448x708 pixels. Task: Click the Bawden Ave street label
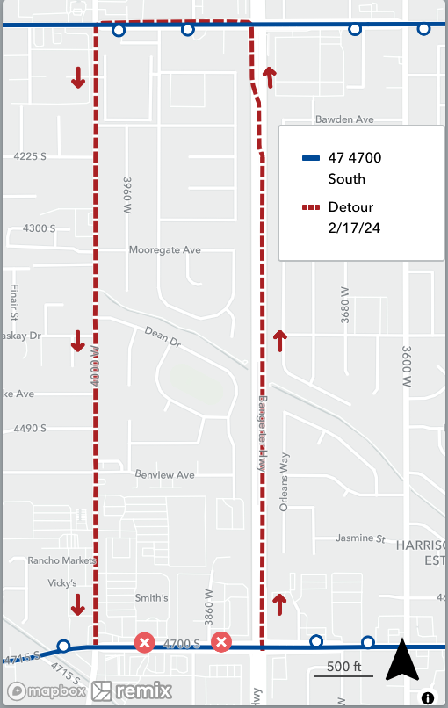[x=344, y=119]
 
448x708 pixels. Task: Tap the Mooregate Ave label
[x=165, y=250]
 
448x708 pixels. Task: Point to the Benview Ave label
[x=164, y=475]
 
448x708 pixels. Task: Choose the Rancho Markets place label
[x=61, y=560]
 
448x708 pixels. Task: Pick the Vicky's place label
[x=63, y=583]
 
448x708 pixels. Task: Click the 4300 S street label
[x=40, y=228]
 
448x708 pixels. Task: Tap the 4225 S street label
[x=30, y=156]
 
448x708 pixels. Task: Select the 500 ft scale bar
[x=344, y=669]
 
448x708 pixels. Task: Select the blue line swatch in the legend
[x=311, y=159]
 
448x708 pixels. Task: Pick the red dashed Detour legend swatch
[x=311, y=208]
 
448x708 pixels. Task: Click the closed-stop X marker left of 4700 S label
[x=144, y=644]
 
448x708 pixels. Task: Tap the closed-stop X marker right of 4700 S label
[x=221, y=643]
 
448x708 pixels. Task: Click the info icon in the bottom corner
[x=428, y=698]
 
